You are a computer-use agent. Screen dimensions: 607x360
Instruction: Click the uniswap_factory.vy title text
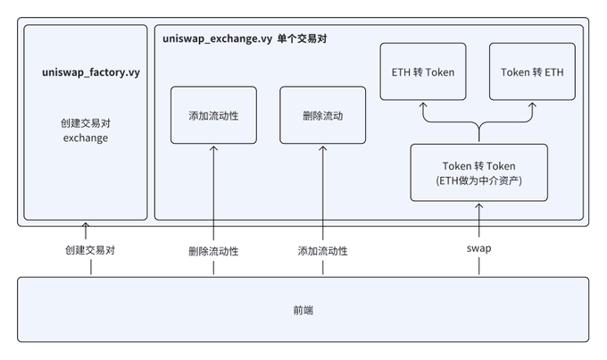(x=91, y=72)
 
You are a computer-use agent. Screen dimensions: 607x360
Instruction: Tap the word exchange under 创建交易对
(x=86, y=138)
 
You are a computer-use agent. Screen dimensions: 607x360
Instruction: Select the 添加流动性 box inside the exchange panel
(x=213, y=115)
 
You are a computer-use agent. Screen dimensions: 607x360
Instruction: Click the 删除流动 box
(x=323, y=115)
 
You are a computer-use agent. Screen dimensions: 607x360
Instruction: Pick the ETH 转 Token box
(x=423, y=71)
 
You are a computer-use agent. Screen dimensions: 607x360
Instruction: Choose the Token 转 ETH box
(x=532, y=71)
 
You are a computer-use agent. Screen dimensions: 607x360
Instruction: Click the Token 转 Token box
(x=479, y=172)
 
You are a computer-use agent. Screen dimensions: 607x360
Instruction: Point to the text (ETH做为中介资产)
(x=478, y=180)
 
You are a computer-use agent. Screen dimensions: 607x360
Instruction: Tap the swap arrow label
(x=478, y=248)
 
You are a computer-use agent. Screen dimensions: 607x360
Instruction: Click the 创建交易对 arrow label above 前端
(x=90, y=250)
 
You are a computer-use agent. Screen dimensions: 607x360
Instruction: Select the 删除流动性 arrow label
(x=213, y=252)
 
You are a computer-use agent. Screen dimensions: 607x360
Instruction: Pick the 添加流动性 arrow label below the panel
(x=323, y=251)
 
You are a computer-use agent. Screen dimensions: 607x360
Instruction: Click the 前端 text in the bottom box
(x=303, y=310)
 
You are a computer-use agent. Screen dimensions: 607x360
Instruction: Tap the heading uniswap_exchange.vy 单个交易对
(x=245, y=38)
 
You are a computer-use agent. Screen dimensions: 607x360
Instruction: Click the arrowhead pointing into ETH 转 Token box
(x=423, y=105)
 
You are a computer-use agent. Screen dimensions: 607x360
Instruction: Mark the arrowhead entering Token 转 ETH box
(x=532, y=105)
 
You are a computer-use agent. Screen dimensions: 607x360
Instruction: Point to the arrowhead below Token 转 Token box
(x=478, y=206)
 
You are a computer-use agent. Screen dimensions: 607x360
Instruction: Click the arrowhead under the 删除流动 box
(x=323, y=148)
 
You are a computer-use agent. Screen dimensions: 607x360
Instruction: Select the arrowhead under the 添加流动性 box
(x=213, y=148)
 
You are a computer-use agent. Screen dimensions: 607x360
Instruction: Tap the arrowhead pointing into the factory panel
(x=86, y=225)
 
